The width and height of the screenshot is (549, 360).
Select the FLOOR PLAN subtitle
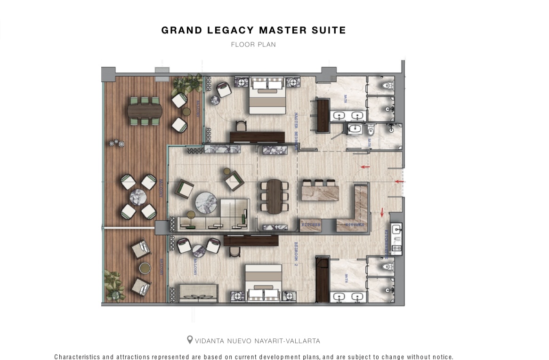[x=253, y=45]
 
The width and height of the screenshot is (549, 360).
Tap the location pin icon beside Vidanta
[x=190, y=340]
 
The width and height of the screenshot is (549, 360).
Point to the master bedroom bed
[x=267, y=96]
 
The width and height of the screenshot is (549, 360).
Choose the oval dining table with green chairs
[x=145, y=111]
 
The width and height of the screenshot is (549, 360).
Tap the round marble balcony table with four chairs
[x=138, y=197]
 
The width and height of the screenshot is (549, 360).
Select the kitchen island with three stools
[x=320, y=191]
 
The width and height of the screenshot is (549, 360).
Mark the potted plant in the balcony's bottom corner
[x=113, y=285]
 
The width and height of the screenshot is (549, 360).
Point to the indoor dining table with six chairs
[x=274, y=195]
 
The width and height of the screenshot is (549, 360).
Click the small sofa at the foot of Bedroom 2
[x=197, y=293]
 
